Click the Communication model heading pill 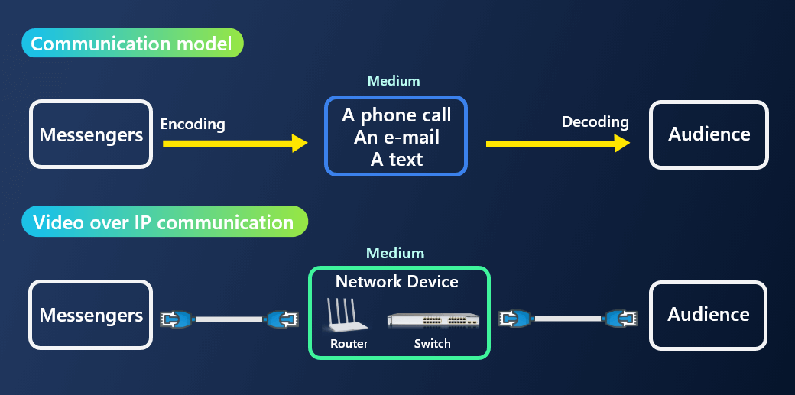click(x=132, y=44)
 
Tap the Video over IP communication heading click(x=164, y=222)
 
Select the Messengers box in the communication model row click(x=91, y=134)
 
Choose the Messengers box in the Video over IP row click(x=91, y=315)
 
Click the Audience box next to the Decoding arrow click(x=709, y=134)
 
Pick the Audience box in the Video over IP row click(x=708, y=314)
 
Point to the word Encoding click(x=193, y=124)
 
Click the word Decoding click(x=595, y=121)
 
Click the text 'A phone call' click(x=396, y=115)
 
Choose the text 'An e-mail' click(x=396, y=138)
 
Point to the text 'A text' click(x=396, y=159)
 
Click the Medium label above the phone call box click(x=394, y=81)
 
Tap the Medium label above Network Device click(x=394, y=253)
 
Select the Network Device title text click(x=397, y=281)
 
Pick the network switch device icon click(x=433, y=319)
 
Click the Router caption click(x=349, y=344)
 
